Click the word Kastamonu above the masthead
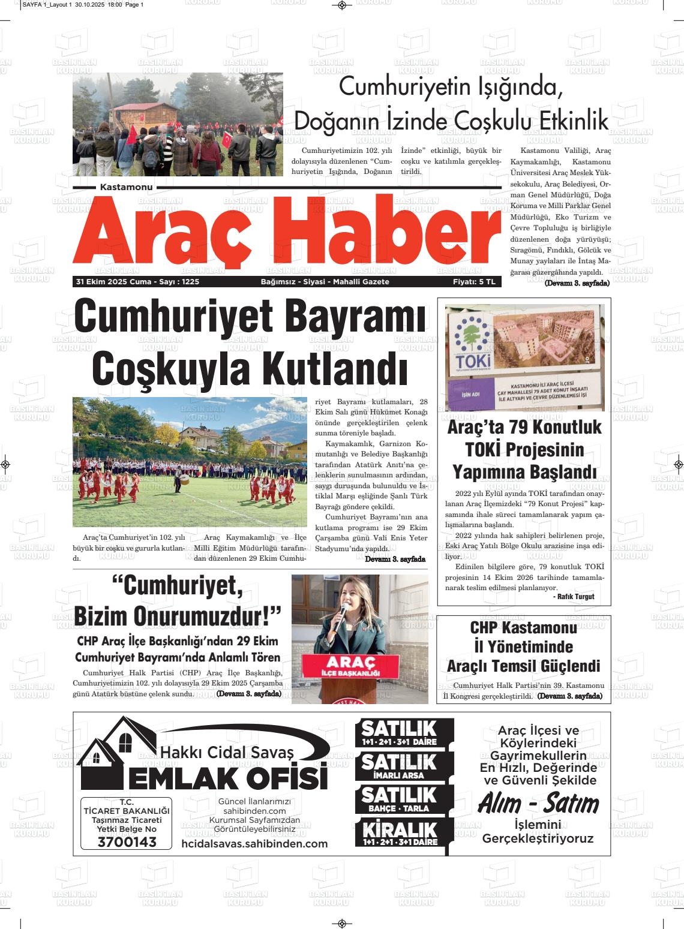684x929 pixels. click(126, 188)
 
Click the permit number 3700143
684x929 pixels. click(126, 842)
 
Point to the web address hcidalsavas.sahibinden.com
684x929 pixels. click(254, 844)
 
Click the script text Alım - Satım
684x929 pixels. click(538, 804)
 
